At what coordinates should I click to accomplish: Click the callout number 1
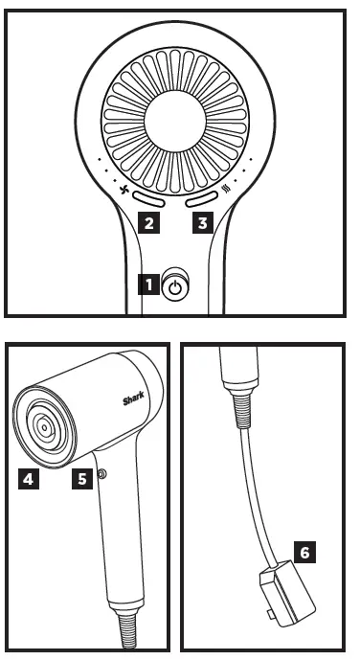149,284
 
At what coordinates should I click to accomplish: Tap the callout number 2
148,224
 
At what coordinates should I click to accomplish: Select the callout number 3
200,224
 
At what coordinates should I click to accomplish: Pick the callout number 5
82,476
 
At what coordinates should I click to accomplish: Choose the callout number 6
303,553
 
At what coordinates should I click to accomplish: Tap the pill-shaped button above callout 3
202,201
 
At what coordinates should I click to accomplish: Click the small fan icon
124,190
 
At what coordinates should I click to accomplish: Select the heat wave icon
228,190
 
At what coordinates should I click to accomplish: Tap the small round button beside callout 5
101,474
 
